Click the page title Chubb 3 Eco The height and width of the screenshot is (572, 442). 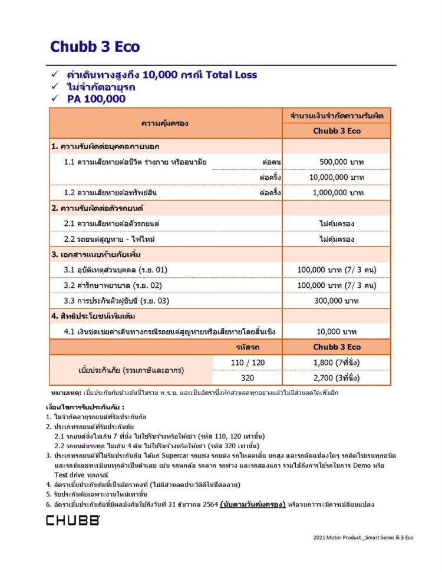coord(95,47)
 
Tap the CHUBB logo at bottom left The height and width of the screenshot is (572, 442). coord(72,520)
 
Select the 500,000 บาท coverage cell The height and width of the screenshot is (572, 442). coord(337,162)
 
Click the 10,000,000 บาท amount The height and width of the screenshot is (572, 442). coord(337,177)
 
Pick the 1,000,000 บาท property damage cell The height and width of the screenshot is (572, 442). coord(337,193)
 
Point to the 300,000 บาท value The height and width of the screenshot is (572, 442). coord(337,301)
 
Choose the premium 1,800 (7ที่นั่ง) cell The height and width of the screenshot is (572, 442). coord(337,361)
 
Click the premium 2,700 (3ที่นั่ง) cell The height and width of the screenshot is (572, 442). coord(337,377)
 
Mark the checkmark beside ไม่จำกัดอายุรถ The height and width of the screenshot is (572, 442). coord(54,87)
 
